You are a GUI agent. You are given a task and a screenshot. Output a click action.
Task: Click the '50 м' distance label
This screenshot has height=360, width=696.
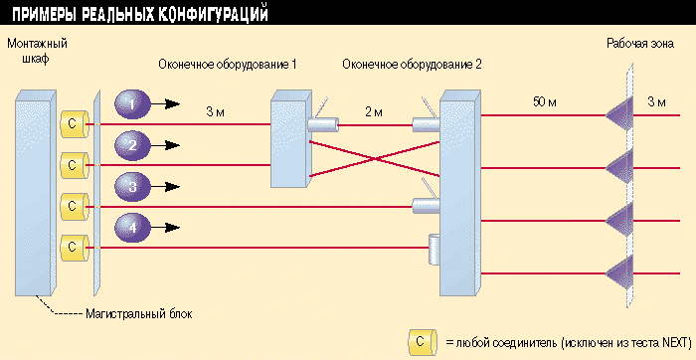546,102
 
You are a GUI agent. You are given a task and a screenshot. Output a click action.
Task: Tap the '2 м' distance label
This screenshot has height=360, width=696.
374,111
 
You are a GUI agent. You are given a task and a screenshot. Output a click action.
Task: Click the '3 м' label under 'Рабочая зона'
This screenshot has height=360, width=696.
656,102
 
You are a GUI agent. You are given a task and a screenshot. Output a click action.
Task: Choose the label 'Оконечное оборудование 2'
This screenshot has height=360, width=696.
411,65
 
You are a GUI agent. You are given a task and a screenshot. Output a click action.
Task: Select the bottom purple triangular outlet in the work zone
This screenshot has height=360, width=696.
619,267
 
